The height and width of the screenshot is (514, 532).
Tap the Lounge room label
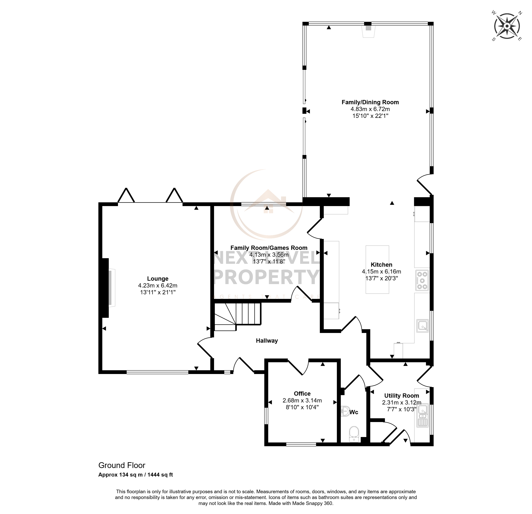158,278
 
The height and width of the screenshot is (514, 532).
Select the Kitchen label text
381,265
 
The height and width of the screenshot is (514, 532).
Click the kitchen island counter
377,269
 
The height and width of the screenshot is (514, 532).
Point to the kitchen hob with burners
422,280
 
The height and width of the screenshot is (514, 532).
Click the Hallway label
267,341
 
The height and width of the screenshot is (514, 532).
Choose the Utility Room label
402,396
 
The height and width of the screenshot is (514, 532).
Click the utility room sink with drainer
423,415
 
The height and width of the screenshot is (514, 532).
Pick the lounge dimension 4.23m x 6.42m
158,285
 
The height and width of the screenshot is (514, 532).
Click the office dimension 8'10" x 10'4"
302,407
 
